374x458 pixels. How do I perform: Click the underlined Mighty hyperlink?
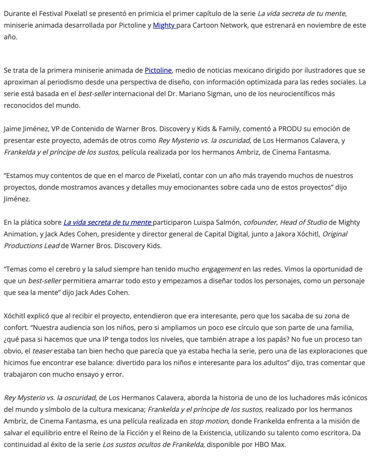(x=164, y=25)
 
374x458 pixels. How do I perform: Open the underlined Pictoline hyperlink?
(x=158, y=70)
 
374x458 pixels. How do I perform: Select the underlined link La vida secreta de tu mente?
(x=108, y=222)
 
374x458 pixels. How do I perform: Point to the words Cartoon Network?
(x=219, y=25)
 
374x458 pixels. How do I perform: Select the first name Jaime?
(x=13, y=129)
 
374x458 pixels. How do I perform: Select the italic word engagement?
(x=221, y=269)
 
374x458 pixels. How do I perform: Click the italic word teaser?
(x=42, y=351)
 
